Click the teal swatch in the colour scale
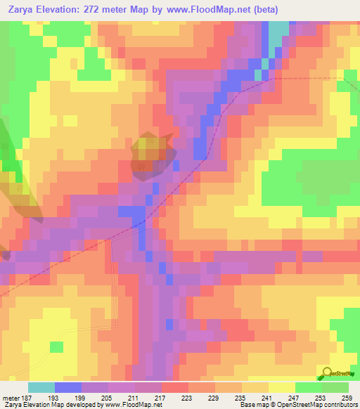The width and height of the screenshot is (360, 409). (41, 387)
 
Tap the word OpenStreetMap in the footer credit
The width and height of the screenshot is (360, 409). (295, 405)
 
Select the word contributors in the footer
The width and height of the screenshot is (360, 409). (339, 405)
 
